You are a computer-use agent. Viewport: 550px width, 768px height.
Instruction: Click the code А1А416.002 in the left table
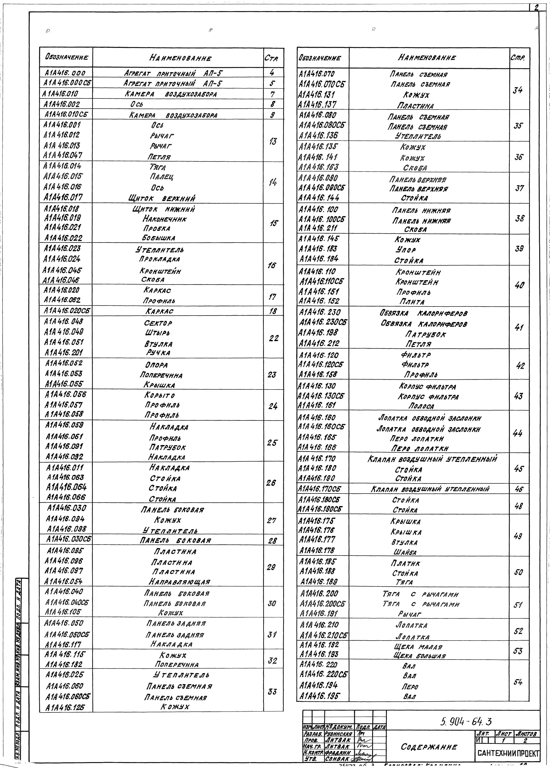[62, 104]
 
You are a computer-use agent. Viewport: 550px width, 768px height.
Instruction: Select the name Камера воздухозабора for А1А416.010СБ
[173, 115]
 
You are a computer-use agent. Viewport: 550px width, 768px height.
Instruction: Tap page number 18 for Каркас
[273, 311]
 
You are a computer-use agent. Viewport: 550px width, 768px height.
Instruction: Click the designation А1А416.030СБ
[69, 539]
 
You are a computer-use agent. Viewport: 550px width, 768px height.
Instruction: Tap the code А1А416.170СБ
[319, 489]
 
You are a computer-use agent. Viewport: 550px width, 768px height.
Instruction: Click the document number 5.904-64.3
[466, 722]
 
